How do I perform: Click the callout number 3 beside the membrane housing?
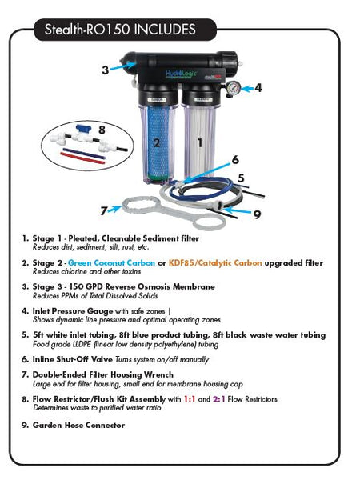click(105, 70)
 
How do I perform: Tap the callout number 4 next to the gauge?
click(257, 88)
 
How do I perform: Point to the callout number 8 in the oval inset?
click(101, 128)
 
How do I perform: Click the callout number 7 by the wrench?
click(104, 210)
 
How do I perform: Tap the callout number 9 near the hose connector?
click(256, 214)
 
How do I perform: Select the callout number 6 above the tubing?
click(235, 160)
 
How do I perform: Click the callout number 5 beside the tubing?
click(240, 177)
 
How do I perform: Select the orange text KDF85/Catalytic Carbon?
click(201, 262)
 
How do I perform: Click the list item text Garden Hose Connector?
click(78, 425)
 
